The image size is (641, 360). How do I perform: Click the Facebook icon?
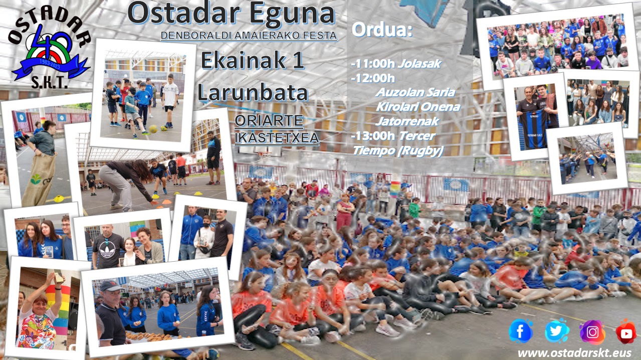[x=521, y=331]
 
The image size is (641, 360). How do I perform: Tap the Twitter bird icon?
[x=557, y=331]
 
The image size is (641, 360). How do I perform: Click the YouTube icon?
[x=626, y=332]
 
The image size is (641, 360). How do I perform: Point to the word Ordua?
[x=382, y=30]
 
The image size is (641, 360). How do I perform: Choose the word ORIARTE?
[x=269, y=121]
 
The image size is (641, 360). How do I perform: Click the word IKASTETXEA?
[x=277, y=138]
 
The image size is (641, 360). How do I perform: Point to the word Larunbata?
[x=253, y=92]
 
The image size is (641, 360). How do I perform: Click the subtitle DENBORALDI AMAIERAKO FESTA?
[x=249, y=36]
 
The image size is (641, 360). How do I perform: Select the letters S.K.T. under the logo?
[x=49, y=83]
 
